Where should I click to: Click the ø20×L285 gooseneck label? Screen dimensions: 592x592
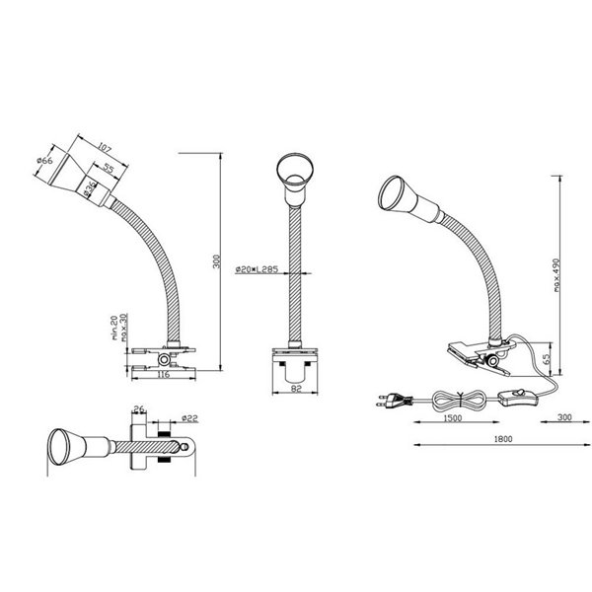coord(256,268)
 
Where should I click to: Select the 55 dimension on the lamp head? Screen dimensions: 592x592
coord(106,170)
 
